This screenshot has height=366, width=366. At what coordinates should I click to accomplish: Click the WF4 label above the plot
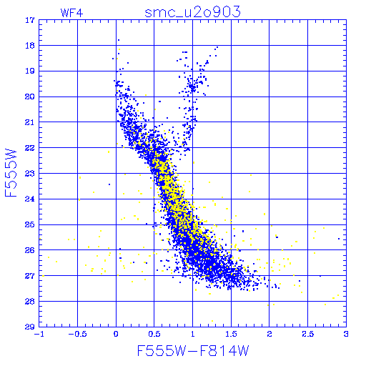pos(71,13)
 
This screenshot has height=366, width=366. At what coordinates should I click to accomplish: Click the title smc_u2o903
pos(192,12)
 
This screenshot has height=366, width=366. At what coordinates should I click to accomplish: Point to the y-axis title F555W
pos(11,173)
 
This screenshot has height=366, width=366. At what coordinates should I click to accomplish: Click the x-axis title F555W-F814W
pos(193,350)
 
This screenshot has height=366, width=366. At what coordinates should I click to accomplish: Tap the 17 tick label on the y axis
pos(29,20)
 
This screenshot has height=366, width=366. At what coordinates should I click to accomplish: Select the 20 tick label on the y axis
pos(29,97)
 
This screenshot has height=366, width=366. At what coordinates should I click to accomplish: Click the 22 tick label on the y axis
pos(29,148)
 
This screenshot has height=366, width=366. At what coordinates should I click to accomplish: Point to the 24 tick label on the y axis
pos(29,199)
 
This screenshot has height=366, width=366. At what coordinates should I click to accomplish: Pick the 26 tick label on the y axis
pos(29,250)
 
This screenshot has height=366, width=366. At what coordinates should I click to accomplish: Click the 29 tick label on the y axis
pos(29,327)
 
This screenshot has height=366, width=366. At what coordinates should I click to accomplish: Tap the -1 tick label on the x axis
pos(39,334)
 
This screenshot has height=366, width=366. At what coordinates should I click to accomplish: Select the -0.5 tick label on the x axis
pos(77,334)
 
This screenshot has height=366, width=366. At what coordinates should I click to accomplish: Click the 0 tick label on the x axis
pos(116,334)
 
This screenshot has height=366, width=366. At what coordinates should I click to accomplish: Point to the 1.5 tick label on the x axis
pos(231,334)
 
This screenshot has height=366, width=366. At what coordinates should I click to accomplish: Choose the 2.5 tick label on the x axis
pos(307,334)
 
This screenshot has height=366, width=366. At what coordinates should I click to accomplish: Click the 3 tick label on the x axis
pos(346,334)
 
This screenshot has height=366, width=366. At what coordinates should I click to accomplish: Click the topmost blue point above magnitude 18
pos(119,40)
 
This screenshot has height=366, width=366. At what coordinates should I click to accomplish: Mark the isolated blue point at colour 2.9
pos(339,239)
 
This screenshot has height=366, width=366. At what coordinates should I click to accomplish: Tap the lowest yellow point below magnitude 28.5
pos(212,321)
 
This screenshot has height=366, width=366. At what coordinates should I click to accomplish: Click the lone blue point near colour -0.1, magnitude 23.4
pos(109,184)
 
